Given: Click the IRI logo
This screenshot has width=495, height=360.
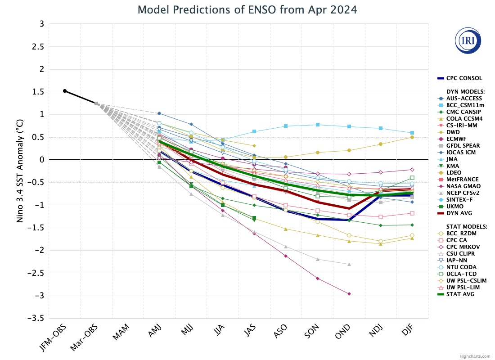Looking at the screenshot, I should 468,40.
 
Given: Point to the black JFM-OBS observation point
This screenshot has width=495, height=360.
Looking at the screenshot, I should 65,91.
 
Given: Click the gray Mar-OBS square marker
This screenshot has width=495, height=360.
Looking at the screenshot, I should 96,103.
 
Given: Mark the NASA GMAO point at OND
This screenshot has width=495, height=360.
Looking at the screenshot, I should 349,294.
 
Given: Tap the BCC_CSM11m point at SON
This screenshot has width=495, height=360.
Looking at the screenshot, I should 318,125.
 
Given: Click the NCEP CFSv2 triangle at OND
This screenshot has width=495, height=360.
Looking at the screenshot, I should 349,264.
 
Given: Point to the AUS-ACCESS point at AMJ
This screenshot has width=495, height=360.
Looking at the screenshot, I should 159,113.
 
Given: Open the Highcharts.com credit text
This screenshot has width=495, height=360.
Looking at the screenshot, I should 475,356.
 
